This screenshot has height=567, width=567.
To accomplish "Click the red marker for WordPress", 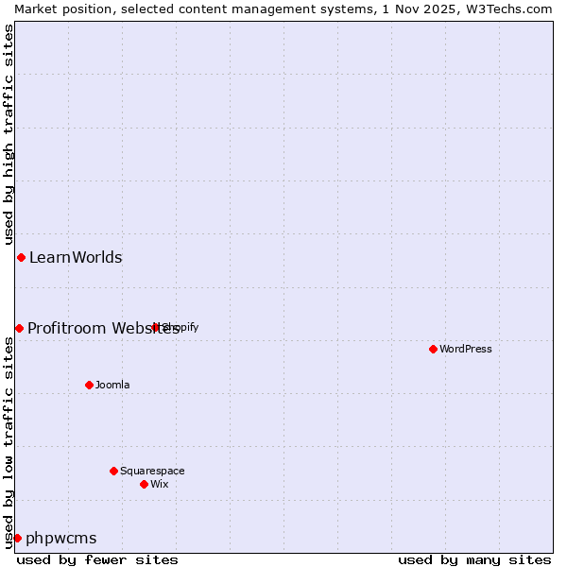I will [433, 349].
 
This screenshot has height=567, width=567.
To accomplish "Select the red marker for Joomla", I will [89, 385].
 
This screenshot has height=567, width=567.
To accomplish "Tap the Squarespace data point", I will [113, 471].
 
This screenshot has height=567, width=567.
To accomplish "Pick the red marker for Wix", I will [144, 484].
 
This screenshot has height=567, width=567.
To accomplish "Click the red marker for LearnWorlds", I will [21, 257].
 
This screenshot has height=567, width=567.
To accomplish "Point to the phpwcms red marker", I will [17, 538].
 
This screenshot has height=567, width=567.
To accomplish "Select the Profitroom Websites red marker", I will [19, 328].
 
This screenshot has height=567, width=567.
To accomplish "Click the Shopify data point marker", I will [156, 327].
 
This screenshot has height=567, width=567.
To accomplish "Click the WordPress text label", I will [466, 349].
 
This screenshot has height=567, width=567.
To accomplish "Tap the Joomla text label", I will [112, 385].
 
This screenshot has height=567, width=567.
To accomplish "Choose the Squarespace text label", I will [152, 471].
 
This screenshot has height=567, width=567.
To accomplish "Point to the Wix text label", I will [160, 484].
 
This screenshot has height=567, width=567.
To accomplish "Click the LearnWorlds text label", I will [76, 257].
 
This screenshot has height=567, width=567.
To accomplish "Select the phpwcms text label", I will [61, 538].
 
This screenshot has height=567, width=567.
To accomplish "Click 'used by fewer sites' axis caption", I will [97, 559].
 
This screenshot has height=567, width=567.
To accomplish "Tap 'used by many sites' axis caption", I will [474, 559].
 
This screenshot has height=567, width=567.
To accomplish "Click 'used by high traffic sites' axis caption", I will [9, 134].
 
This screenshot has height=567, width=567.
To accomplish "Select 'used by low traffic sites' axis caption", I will [9, 442].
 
